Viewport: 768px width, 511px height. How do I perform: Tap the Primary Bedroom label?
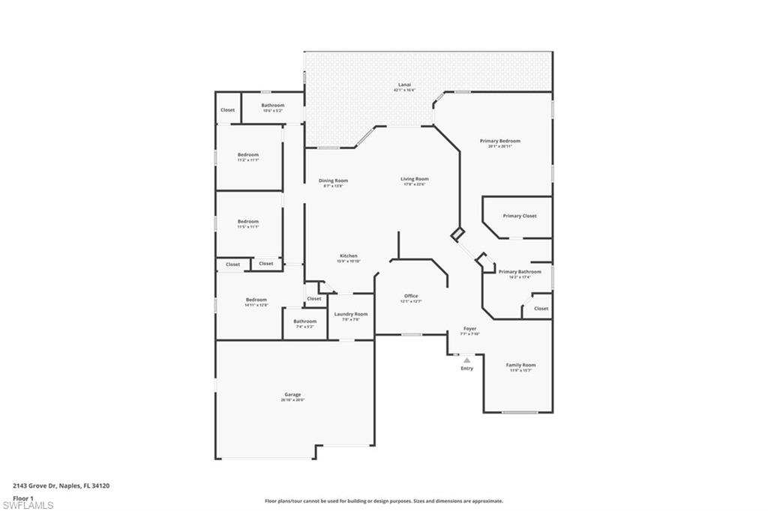(x=499, y=141)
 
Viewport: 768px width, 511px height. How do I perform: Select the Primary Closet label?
(x=520, y=216)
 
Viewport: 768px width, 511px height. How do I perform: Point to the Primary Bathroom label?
(x=520, y=272)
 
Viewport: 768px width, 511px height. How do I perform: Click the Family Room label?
(x=520, y=365)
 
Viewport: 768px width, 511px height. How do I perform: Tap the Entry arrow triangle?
(x=466, y=360)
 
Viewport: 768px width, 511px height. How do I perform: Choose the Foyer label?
(x=469, y=329)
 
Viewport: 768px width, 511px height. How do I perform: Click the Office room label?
(x=411, y=296)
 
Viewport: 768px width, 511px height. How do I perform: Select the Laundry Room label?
(x=350, y=314)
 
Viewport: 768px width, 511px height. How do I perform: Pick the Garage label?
(x=292, y=394)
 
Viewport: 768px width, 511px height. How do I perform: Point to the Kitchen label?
(x=348, y=256)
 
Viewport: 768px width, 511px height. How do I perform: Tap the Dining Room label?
(x=333, y=181)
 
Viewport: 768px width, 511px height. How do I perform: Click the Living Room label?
(x=414, y=179)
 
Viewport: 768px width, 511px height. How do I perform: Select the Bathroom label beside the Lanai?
(x=273, y=106)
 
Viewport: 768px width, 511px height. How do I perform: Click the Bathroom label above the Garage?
(x=304, y=321)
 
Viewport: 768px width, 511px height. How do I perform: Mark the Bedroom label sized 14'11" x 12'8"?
(x=256, y=300)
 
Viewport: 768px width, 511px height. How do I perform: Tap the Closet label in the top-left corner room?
(x=227, y=110)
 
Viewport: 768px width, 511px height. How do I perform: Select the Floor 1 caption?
(x=23, y=497)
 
